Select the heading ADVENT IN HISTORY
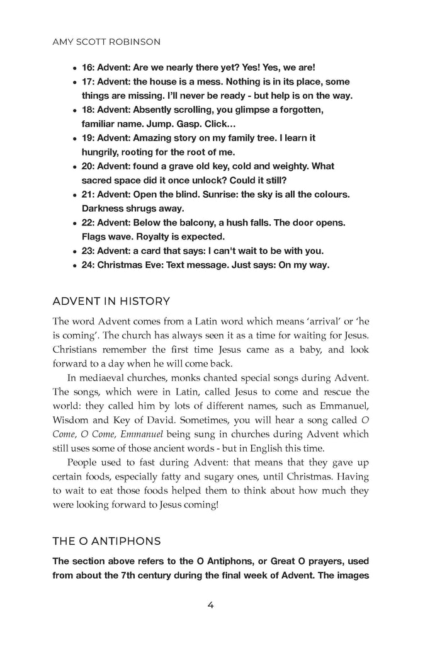(111, 301)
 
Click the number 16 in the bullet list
(88, 67)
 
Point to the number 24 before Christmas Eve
(88, 265)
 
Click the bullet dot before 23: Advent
(75, 251)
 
